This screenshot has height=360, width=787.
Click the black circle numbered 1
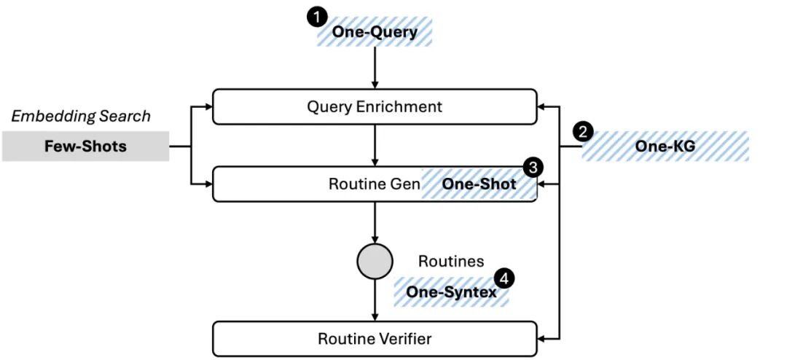[x=316, y=18]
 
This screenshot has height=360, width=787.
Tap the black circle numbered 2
[x=582, y=133]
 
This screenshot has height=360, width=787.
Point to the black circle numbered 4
[x=504, y=278]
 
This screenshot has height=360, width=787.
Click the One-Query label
[x=375, y=33]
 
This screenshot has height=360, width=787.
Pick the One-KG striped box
[x=665, y=146]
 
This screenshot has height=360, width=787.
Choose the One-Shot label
[x=479, y=184]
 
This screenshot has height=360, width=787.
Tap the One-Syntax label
[x=451, y=291]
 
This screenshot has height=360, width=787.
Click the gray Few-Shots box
[x=86, y=146]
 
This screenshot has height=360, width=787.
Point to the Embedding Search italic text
[x=81, y=117]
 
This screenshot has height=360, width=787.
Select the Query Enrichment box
[x=375, y=107]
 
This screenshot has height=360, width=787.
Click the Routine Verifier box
[x=375, y=339]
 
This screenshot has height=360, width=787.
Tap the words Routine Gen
[x=375, y=184]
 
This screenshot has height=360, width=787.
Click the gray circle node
[x=375, y=262]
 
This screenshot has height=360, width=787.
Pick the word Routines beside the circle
[x=451, y=262]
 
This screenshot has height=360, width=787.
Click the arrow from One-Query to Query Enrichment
[x=375, y=68]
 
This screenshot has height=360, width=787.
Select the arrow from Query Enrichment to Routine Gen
[x=375, y=146]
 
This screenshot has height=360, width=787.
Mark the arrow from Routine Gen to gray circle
[x=375, y=222]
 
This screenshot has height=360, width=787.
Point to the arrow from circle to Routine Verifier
[x=375, y=300]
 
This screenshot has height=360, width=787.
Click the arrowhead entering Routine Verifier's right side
[x=541, y=339]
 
